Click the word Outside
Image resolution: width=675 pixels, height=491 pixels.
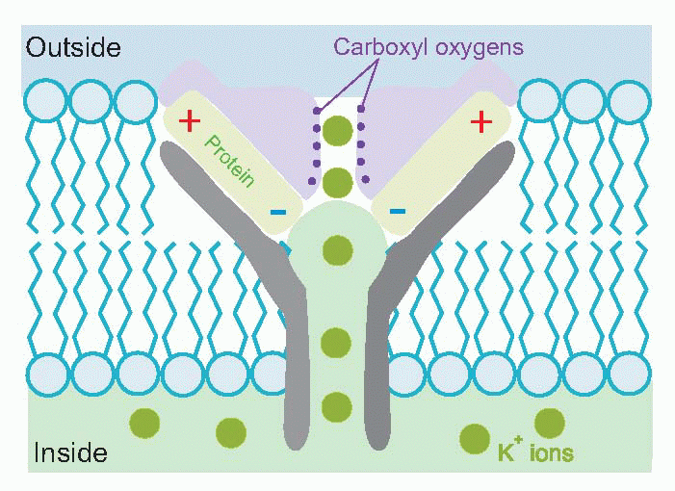[73, 47]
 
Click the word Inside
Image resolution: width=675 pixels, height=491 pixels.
[69, 452]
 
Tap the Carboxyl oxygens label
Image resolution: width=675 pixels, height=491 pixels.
[428, 46]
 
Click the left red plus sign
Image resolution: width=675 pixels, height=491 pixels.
[190, 120]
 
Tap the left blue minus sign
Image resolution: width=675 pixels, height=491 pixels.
[277, 211]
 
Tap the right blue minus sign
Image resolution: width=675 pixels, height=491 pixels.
[397, 211]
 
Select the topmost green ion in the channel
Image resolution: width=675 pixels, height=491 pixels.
[337, 129]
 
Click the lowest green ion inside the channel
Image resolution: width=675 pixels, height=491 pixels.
[336, 407]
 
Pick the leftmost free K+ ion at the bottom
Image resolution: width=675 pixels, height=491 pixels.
[144, 424]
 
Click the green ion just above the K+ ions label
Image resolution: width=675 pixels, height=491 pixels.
[549, 423]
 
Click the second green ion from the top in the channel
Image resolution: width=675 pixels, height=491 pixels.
[337, 181]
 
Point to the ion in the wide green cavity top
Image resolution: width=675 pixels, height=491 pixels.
[336, 250]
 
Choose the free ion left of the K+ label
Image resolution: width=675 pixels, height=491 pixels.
[474, 439]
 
